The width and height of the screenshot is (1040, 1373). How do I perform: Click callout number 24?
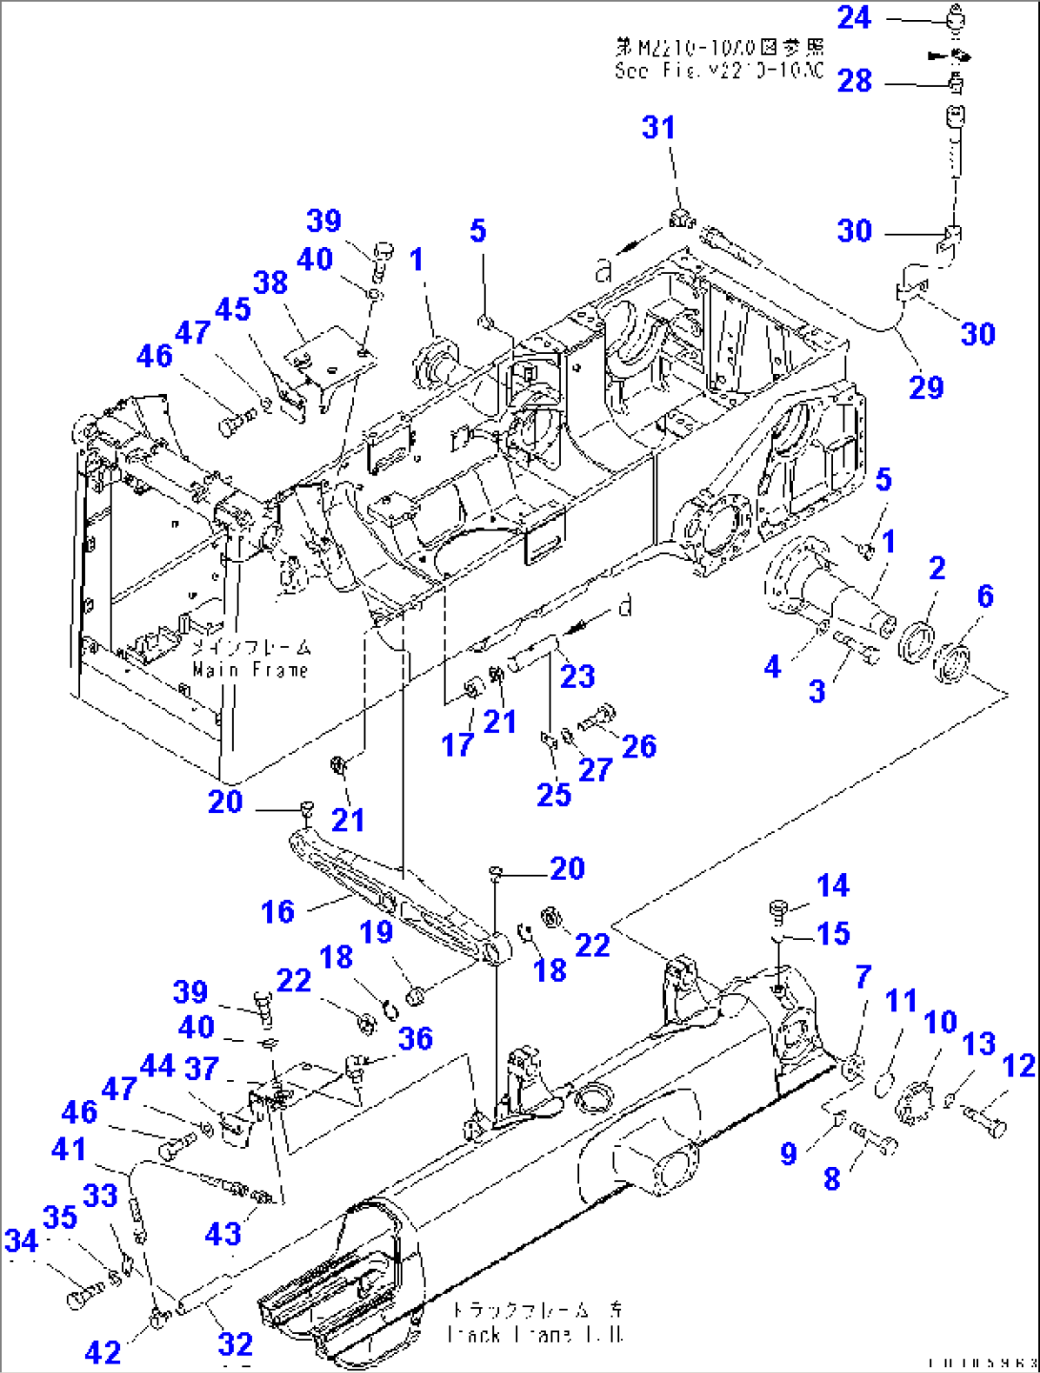[854, 18]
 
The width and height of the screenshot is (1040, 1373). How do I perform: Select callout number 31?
[658, 128]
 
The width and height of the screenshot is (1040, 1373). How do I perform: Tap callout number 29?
[926, 387]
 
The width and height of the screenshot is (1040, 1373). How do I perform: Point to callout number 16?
[278, 911]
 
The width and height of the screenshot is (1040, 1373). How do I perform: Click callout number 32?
[236, 1344]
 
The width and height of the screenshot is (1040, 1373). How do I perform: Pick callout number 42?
[103, 1352]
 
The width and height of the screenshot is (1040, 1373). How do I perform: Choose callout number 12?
[1019, 1066]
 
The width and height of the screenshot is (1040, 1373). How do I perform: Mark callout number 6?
[985, 596]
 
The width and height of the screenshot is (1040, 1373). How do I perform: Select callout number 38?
[270, 282]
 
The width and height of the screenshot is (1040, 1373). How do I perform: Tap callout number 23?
[577, 676]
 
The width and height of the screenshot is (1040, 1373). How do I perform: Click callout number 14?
[832, 885]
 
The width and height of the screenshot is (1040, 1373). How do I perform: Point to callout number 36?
[415, 1038]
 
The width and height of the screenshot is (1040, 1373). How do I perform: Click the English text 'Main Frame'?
[250, 671]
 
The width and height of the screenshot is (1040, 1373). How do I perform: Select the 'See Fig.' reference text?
[718, 71]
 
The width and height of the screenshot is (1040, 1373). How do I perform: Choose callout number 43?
[222, 1234]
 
